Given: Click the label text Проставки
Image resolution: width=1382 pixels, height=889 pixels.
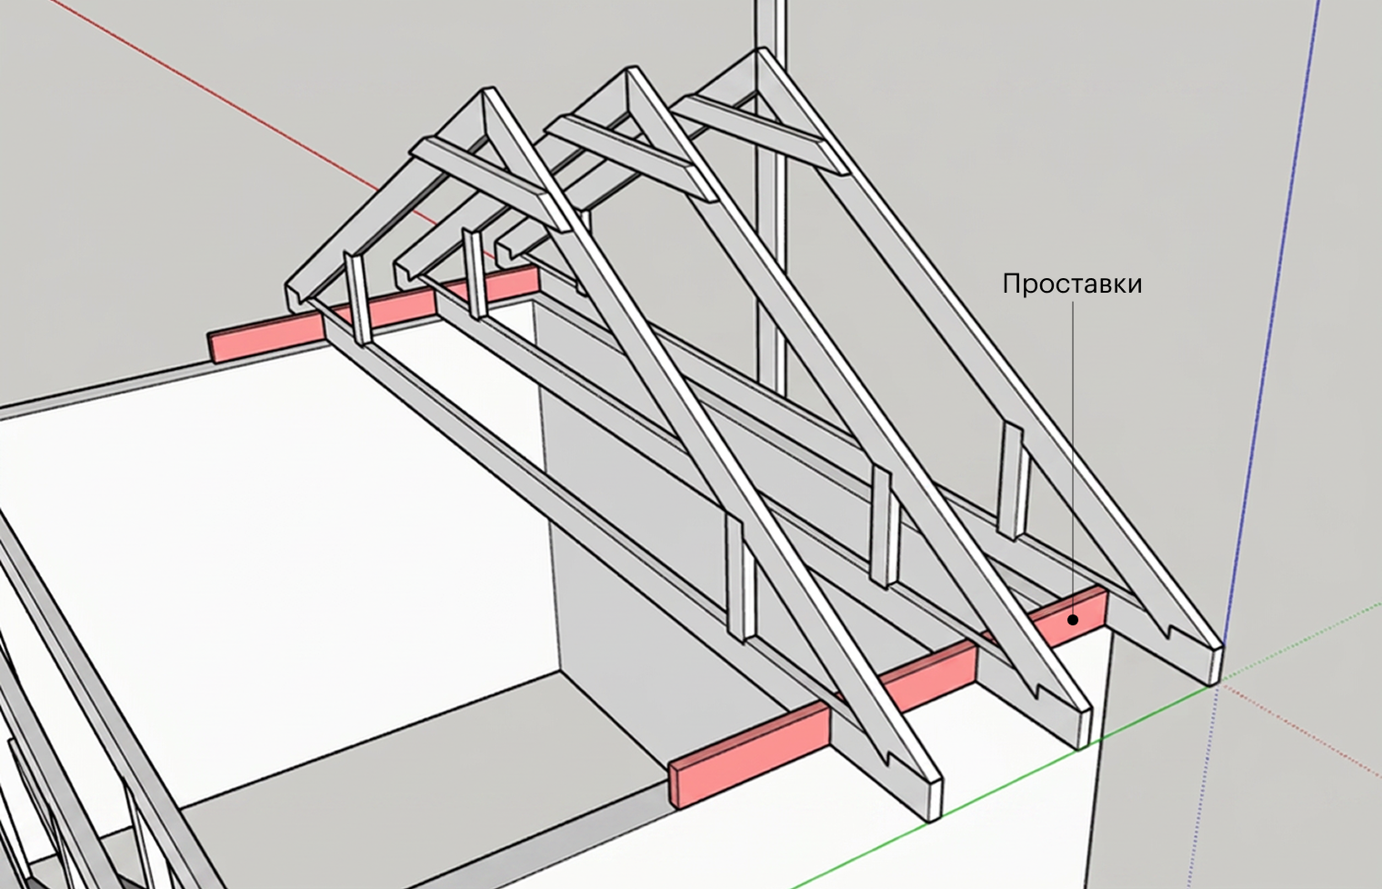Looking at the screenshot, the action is [1072, 285].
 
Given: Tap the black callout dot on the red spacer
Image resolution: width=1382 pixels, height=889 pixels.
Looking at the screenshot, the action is [1073, 619].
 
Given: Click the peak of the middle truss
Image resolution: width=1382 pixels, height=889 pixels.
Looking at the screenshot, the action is [629, 69].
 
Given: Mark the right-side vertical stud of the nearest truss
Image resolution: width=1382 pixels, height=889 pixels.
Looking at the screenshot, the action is [741, 578].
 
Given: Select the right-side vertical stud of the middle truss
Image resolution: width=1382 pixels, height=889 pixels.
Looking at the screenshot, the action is [884, 527].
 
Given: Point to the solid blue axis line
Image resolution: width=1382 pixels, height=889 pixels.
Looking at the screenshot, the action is [1270, 321].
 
